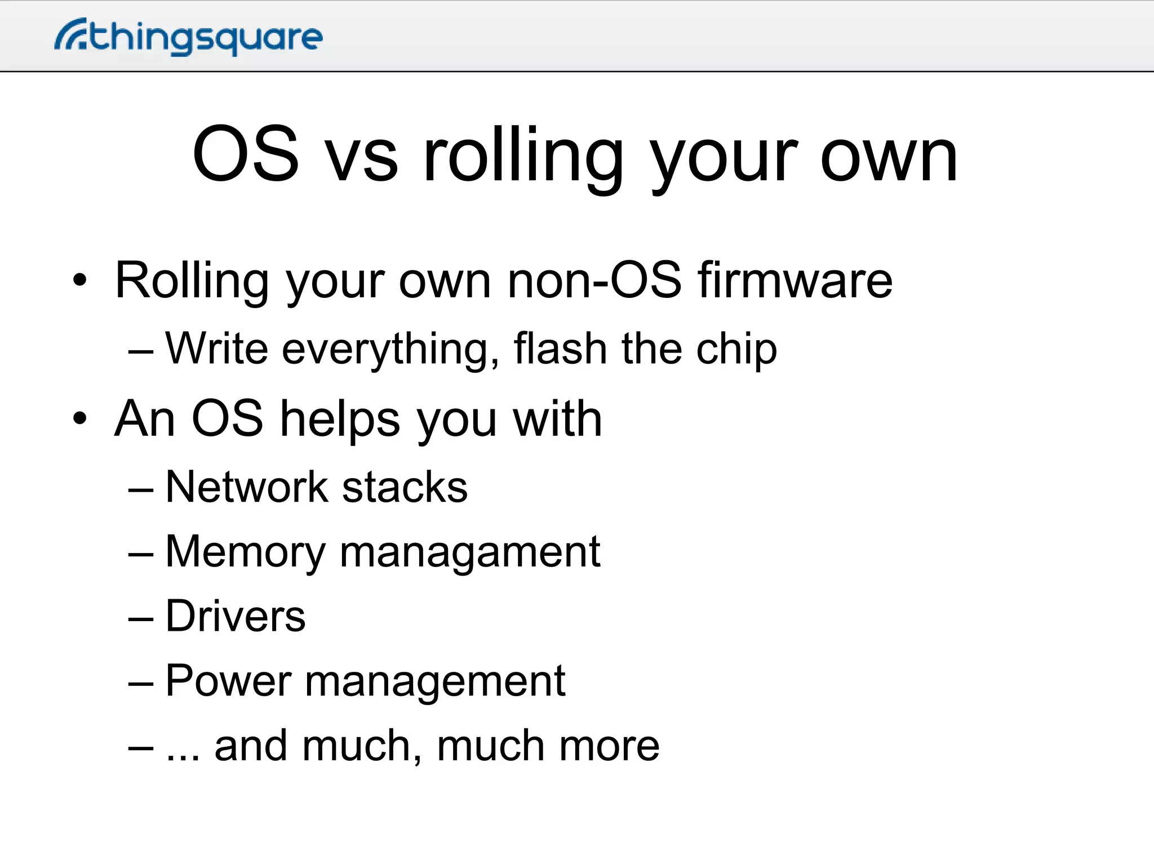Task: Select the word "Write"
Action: coord(217,349)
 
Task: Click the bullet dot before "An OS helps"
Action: coord(80,419)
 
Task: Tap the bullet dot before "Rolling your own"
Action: coord(80,280)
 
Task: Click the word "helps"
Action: coord(340,419)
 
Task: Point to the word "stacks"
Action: coord(405,487)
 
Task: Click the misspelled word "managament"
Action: coord(470,552)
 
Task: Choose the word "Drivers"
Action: coord(236,616)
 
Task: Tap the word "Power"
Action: coord(228,681)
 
